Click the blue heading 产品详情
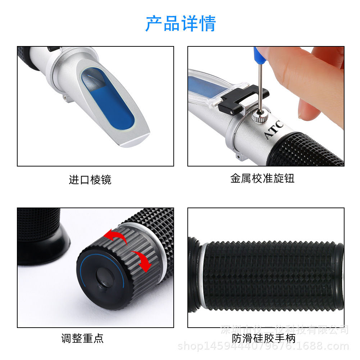[x=181, y=24]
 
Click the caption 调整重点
[x=82, y=338]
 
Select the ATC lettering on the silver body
[x=274, y=130]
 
